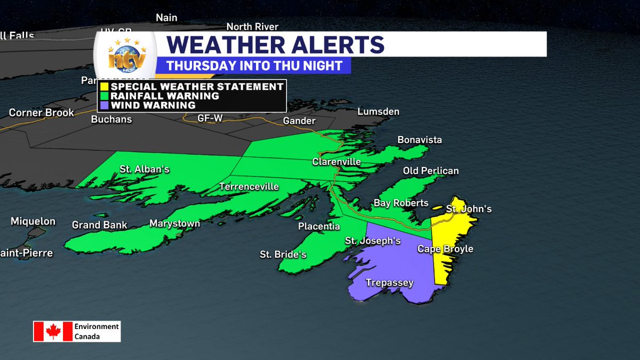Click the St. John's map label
[468, 209]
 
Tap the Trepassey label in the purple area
[389, 283]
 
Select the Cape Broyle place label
[445, 249]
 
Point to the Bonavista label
[419, 140]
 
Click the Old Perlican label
[431, 171]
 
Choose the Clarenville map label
[337, 162]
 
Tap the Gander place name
[299, 121]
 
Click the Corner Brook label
[42, 113]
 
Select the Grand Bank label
[100, 225]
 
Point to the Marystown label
[174, 223]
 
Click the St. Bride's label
[283, 254]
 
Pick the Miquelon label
[33, 221]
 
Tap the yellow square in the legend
[105, 86]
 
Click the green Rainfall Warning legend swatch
[105, 96]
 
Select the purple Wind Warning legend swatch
[105, 106]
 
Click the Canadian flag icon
[53, 331]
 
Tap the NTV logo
[125, 58]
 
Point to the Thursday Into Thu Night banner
[253, 66]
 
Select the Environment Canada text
[96, 331]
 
